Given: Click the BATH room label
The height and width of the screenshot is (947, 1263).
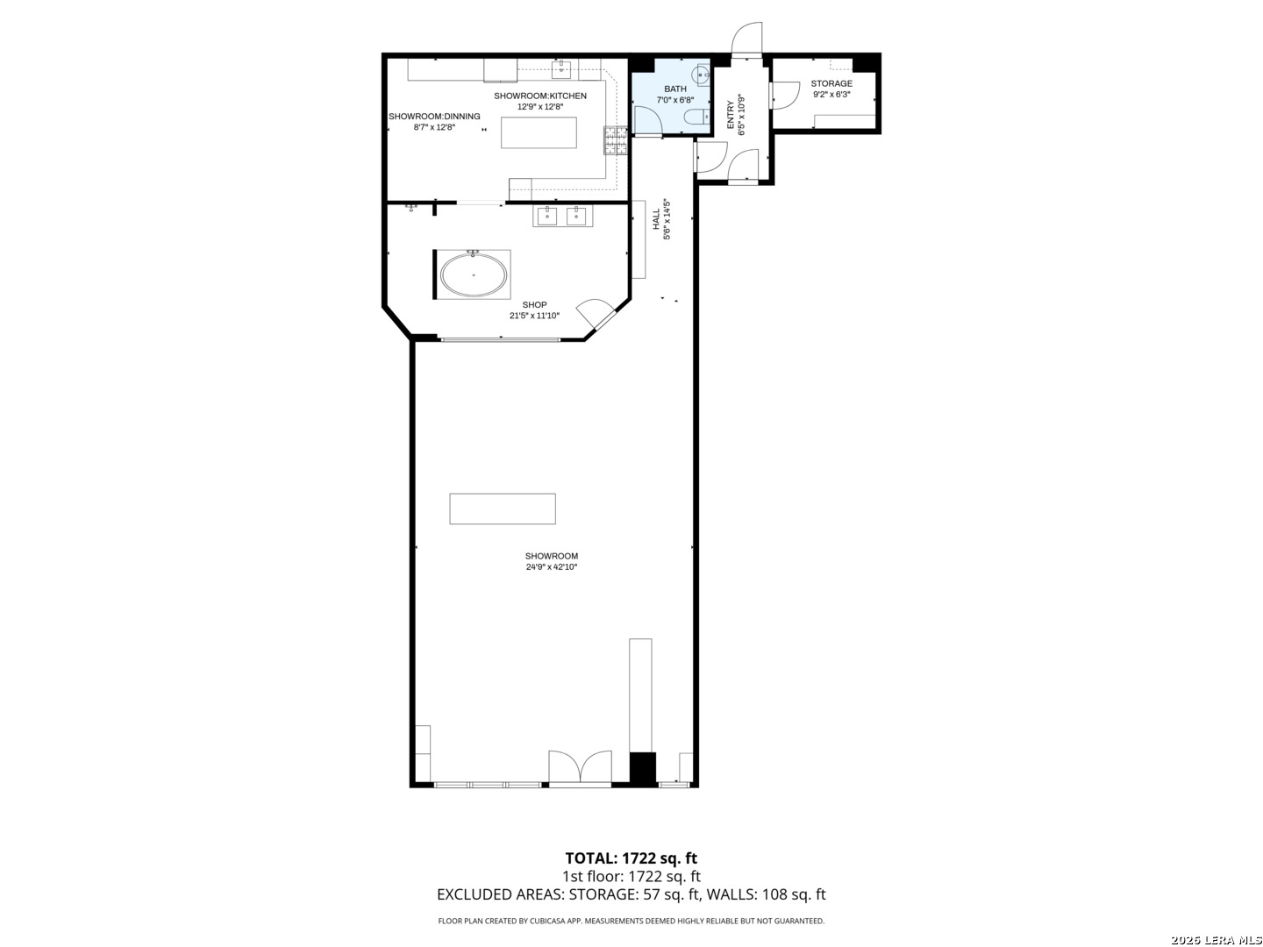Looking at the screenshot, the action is point(674,89).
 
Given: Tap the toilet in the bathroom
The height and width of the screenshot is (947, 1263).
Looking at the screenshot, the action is point(694,117).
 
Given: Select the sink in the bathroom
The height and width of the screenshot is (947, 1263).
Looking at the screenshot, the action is point(702,75).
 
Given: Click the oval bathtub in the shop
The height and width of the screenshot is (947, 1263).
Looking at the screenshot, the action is point(473,274).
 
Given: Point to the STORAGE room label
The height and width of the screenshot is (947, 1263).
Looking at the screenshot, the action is point(831,84).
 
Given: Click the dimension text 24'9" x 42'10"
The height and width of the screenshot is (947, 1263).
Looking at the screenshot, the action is point(551,567).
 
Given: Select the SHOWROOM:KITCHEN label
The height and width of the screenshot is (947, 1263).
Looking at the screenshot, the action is point(539,96).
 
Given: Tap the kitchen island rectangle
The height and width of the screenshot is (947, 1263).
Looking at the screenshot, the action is point(538,132).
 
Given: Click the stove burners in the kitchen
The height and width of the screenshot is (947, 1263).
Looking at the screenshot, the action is point(615,141).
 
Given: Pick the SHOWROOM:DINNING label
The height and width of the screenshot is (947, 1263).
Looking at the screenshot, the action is point(434,116).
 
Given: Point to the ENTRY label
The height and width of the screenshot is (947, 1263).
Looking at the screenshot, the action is point(731,114).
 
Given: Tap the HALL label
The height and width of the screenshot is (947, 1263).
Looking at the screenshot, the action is point(656,219).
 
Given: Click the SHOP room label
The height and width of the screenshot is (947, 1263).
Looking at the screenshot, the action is point(534,305).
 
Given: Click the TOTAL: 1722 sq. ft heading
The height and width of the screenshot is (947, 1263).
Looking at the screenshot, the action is point(631,858).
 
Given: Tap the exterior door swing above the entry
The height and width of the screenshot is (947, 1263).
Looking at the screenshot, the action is point(746,39).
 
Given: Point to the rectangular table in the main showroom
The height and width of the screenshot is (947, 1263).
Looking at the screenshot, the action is point(503,509).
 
